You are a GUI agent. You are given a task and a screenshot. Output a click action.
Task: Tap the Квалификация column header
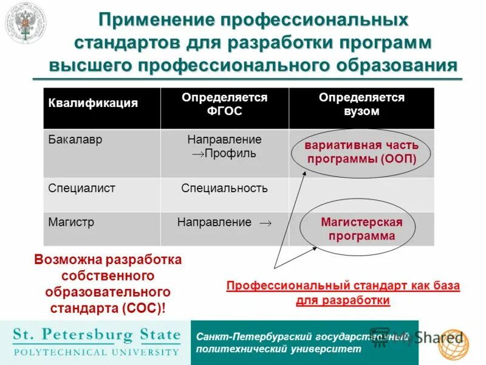[x=93, y=103]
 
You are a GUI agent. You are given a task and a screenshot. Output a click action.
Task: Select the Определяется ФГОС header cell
[x=224, y=104]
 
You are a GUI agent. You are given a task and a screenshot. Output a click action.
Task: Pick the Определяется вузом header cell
[x=361, y=104]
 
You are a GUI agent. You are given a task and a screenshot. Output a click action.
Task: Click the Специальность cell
[x=224, y=188]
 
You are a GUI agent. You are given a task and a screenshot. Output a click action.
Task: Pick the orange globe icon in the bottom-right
[x=454, y=344]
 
